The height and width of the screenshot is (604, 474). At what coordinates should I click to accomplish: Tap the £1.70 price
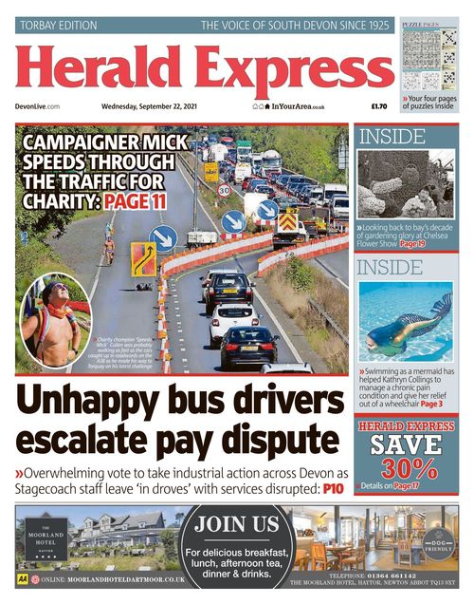tap(379, 107)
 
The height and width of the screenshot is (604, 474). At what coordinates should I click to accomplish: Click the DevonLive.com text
tap(38, 107)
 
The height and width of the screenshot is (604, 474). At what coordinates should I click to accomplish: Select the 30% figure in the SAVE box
tap(406, 468)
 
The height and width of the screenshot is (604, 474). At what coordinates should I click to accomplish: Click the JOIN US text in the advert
tap(238, 523)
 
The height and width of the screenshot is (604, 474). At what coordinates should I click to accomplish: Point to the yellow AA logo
tap(22, 577)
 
